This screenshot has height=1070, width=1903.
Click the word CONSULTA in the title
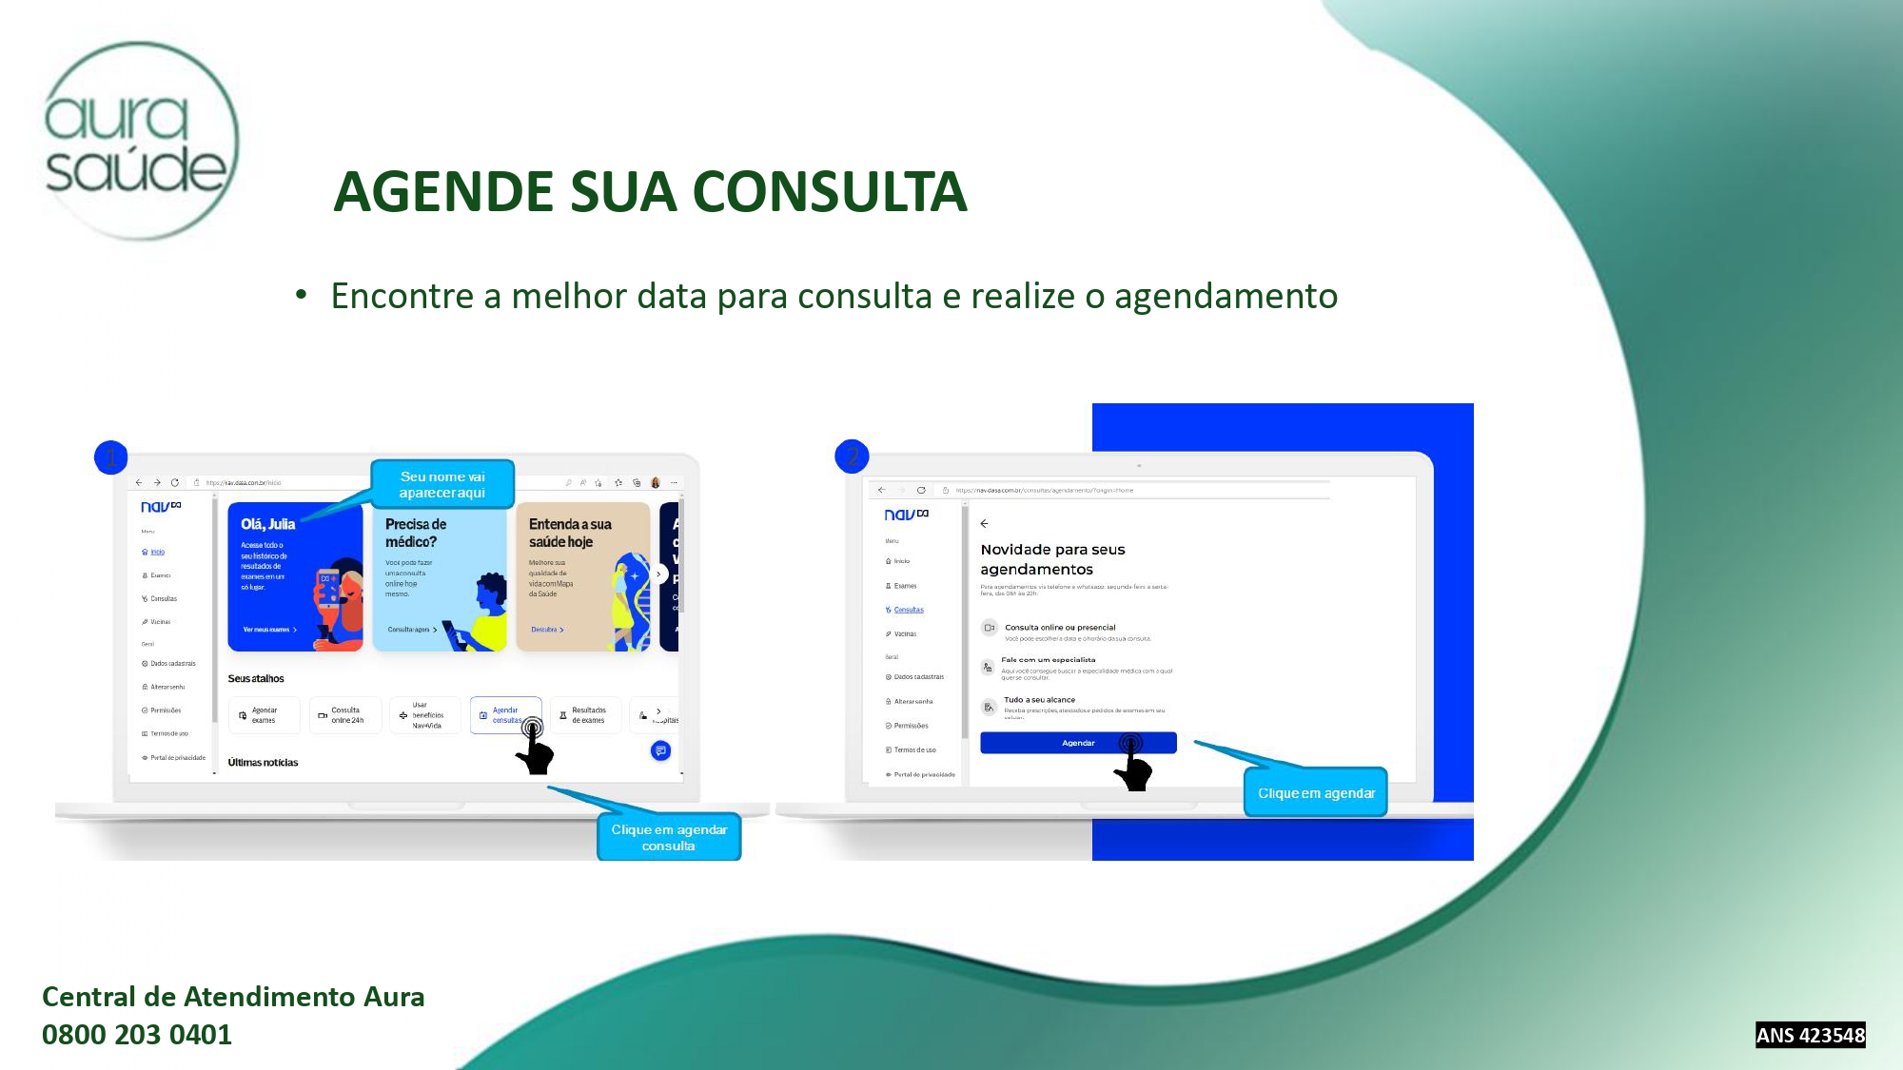[829, 192]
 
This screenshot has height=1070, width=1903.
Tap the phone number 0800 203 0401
[137, 1035]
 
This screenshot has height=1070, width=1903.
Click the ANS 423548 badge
[1810, 1035]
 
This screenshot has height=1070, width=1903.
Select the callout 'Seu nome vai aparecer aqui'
[442, 484]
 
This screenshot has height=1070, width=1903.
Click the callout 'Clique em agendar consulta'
[669, 837]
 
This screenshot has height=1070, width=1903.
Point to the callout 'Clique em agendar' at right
[1316, 793]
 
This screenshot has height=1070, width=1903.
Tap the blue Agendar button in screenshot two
[1077, 743]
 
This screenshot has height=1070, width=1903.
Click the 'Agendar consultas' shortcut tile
[505, 715]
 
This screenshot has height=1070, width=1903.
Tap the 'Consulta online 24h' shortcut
[345, 715]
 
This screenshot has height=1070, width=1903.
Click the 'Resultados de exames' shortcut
[585, 715]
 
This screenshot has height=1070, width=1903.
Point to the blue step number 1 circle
[111, 457]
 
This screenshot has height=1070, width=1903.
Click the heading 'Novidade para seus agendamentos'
[1052, 559]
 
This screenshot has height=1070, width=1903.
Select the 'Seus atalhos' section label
[256, 679]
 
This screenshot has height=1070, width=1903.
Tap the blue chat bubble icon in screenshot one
[660, 751]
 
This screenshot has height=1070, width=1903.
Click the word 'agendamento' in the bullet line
[1226, 297]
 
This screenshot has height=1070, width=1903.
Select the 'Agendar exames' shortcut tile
[264, 715]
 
